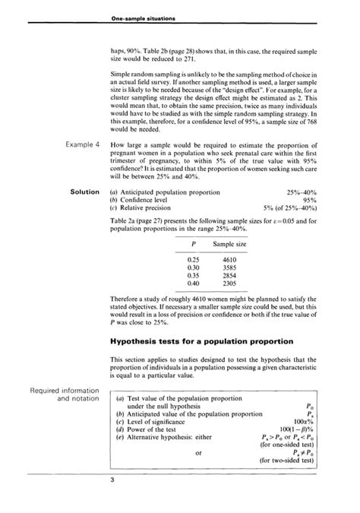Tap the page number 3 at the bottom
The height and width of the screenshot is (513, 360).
coord(112,480)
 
